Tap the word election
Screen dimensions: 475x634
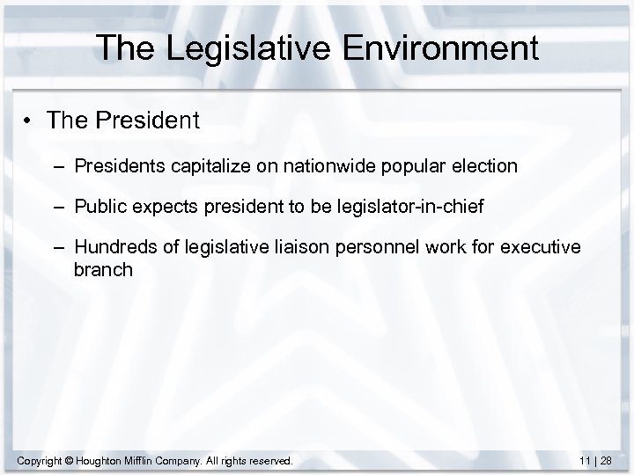480,166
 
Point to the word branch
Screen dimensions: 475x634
103,270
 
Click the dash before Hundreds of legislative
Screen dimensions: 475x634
60,249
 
